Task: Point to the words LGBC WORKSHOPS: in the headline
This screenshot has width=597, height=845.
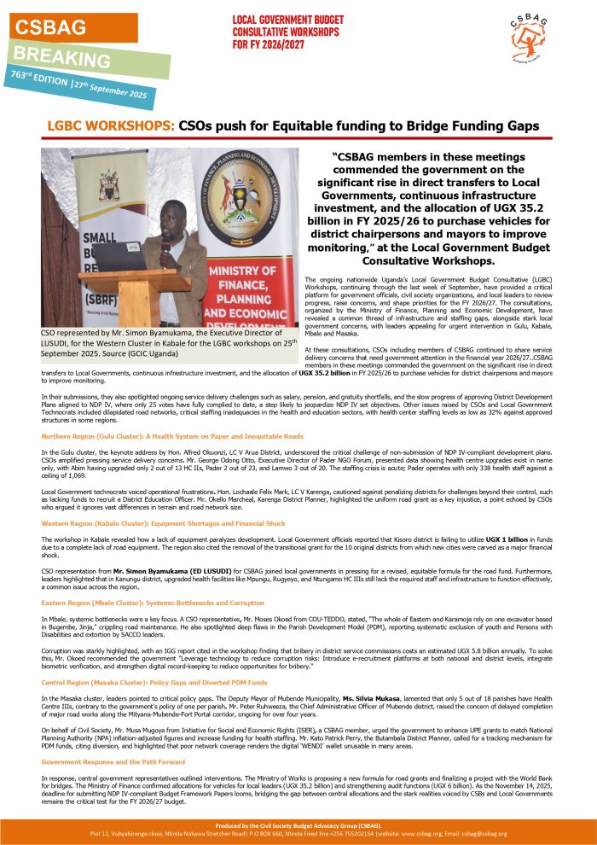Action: (x=111, y=125)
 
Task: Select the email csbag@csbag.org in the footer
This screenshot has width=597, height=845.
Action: (x=482, y=833)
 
